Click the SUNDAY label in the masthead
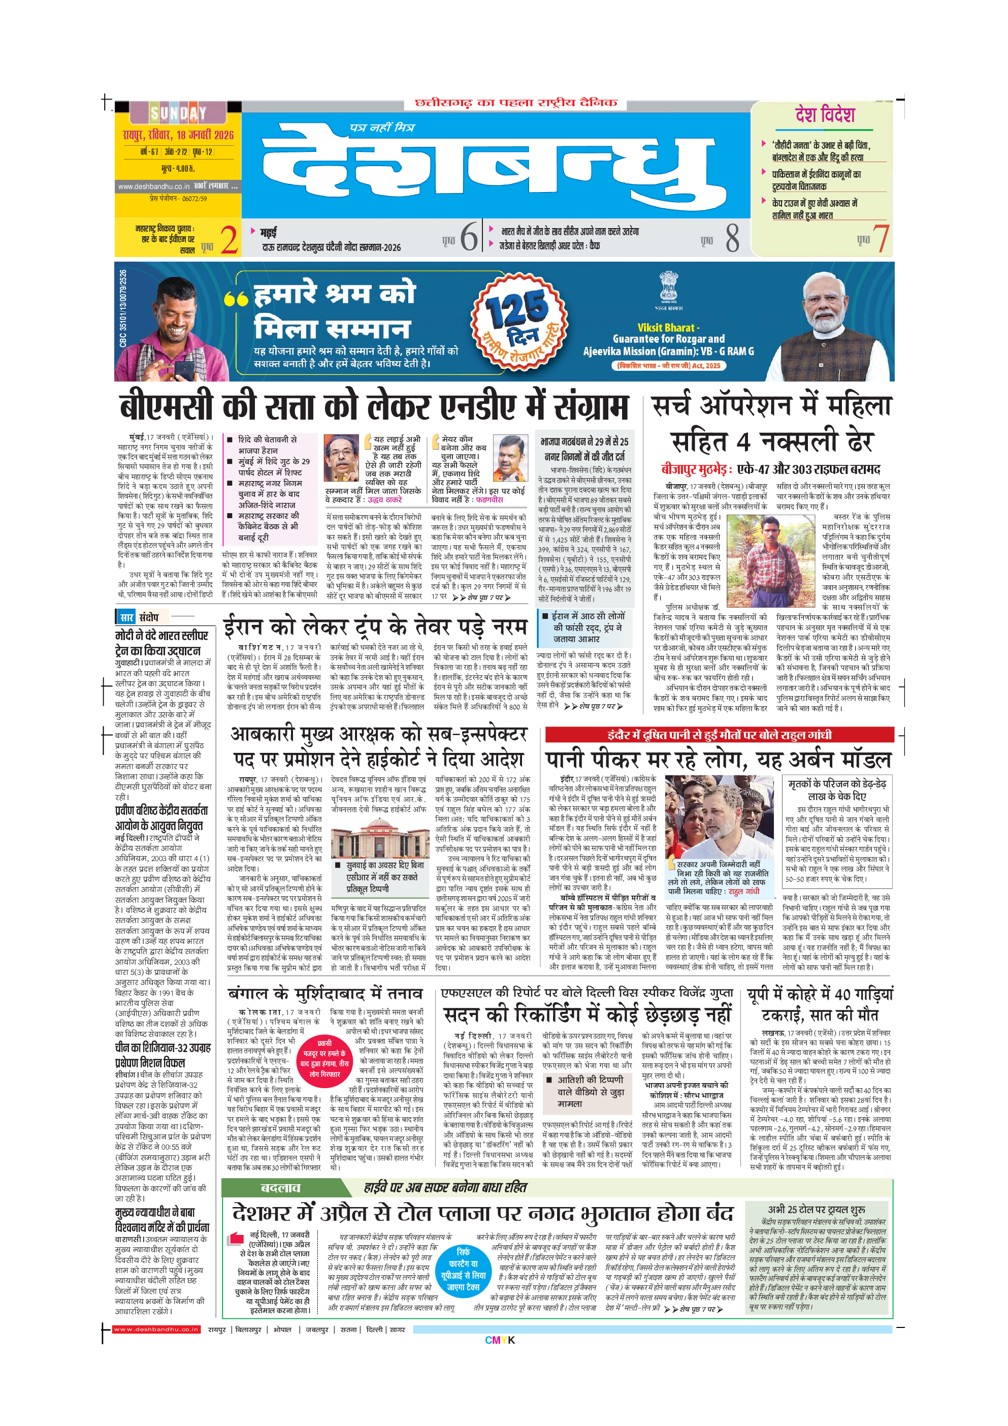(x=178, y=113)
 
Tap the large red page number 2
(x=229, y=240)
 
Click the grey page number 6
(x=470, y=237)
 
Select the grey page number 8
(x=732, y=238)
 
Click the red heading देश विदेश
(x=825, y=114)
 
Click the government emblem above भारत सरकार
(x=668, y=286)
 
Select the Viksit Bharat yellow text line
(x=667, y=327)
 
